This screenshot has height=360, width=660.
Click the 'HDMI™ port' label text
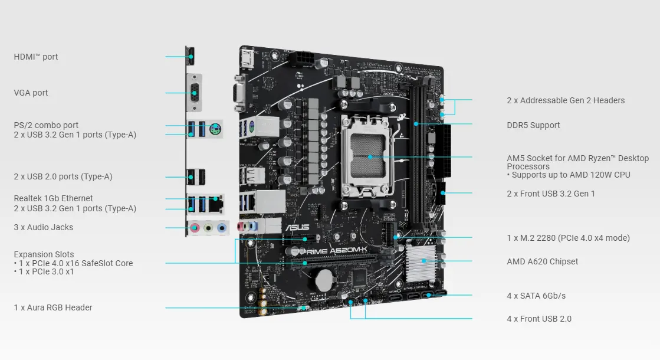point(36,57)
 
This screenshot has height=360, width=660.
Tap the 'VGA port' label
point(31,93)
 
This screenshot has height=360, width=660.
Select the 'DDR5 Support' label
point(533,125)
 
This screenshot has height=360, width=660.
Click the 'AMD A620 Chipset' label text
point(542,261)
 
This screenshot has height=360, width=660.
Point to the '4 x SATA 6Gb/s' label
point(536,296)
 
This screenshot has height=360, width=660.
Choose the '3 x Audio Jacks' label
point(44,227)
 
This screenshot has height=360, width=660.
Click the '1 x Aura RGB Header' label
point(53,307)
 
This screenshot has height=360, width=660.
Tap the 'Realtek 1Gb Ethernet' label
point(53,198)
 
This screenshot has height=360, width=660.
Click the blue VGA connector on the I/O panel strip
point(195,93)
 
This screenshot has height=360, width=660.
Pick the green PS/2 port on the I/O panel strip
point(215,129)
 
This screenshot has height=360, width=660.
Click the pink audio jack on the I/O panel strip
point(195,228)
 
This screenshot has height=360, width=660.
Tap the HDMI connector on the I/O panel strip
point(190,56)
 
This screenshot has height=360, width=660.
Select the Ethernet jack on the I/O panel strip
point(216,203)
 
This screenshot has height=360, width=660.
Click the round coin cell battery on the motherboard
point(324,280)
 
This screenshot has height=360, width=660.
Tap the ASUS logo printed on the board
point(298,227)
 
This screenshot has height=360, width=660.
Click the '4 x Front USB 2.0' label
point(539,319)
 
